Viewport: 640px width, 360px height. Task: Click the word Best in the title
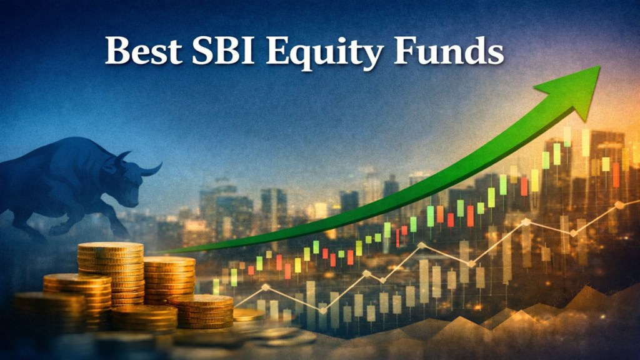[143, 51]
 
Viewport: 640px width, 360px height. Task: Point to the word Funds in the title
[449, 50]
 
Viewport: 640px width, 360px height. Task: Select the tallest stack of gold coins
[111, 274]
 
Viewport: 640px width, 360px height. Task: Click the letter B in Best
[118, 51]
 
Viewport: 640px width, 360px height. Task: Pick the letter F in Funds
[405, 50]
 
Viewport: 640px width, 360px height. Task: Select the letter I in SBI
[247, 51]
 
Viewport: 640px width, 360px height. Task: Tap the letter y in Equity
[371, 57]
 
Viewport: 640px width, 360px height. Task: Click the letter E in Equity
[279, 51]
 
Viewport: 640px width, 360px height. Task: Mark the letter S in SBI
[202, 51]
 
